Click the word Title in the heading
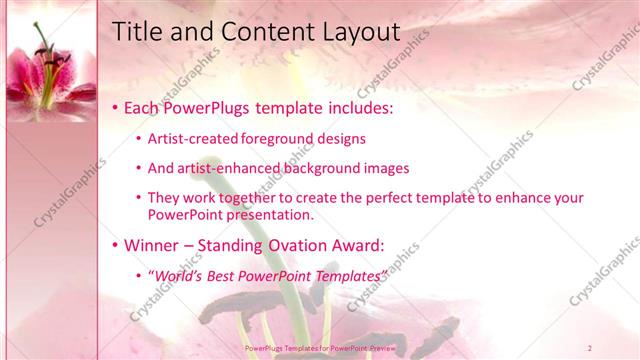(135, 32)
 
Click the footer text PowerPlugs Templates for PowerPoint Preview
(320, 346)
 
